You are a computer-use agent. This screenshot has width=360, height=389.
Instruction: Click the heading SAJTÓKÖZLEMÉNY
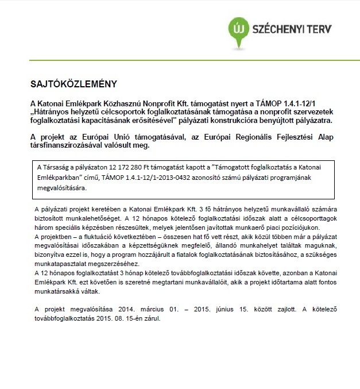click(x=69, y=84)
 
